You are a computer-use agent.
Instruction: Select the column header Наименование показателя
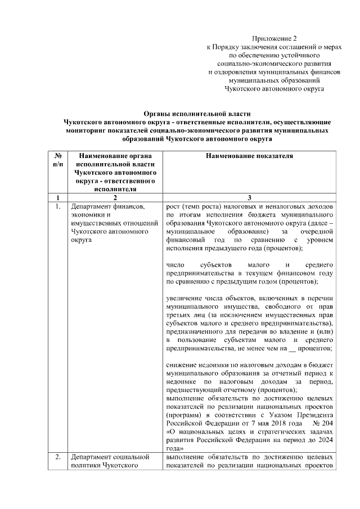click(249, 155)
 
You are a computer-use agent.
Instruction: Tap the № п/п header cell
click(58, 159)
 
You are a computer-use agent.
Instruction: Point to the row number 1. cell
click(58, 206)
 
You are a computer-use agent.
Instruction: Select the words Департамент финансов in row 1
click(105, 206)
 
